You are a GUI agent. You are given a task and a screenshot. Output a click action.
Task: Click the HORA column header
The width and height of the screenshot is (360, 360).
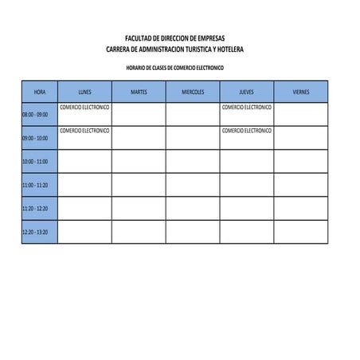point(40,92)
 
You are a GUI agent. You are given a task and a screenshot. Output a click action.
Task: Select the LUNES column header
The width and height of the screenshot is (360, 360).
point(84,92)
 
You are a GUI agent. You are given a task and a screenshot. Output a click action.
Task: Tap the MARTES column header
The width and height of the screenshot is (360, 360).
point(139,92)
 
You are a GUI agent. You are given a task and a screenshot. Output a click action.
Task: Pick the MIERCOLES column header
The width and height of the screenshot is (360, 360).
point(193,92)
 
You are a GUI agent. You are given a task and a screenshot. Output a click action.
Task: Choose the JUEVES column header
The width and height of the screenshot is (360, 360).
point(247,92)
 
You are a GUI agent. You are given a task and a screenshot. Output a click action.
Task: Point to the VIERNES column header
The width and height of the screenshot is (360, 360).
point(301,92)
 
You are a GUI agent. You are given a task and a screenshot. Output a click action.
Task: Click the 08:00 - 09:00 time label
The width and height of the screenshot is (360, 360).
point(35,115)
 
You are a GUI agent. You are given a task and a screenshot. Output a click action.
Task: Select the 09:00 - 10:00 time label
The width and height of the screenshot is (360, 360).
point(35,138)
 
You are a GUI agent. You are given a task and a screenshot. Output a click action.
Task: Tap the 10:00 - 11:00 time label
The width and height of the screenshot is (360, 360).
point(35,162)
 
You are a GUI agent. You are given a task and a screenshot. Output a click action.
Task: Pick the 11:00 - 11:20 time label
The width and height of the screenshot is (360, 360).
point(35,185)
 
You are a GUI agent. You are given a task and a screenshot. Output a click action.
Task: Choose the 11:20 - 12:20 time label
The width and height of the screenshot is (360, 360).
point(35,209)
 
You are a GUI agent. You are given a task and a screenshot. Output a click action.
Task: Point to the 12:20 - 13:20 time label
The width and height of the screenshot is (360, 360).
point(35,232)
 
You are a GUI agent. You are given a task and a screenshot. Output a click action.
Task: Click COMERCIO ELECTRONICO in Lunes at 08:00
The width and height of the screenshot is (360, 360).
point(84,107)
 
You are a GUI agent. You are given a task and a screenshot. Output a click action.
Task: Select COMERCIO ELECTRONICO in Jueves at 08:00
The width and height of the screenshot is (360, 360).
point(247,107)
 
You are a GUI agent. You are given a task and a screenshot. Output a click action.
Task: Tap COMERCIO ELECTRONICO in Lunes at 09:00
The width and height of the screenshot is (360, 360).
point(84,130)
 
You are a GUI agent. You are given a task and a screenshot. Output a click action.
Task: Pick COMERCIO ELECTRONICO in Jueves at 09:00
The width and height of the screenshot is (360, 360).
point(247,130)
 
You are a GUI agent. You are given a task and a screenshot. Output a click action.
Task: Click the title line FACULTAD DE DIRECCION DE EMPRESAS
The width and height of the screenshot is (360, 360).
point(175,38)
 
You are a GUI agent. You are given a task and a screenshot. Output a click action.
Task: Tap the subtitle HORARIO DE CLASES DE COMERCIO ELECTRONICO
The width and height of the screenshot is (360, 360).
point(175,68)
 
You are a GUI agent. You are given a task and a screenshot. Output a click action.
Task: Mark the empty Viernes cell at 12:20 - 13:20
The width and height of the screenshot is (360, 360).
point(301,232)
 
